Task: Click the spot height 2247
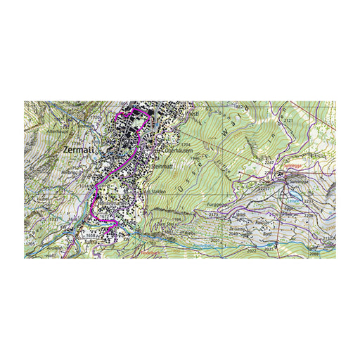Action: coord(269,163)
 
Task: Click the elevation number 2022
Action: coord(252,250)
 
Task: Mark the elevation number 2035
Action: coord(269,248)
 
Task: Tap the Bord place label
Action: coord(267,236)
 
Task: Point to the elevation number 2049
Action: coord(236,235)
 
